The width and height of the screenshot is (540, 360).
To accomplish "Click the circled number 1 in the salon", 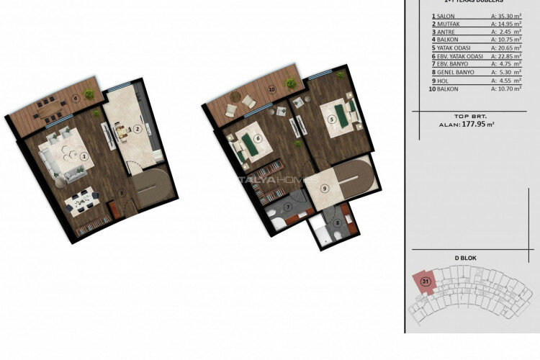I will tap(84, 156).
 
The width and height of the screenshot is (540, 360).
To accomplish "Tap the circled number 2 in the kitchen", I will tap(137, 130).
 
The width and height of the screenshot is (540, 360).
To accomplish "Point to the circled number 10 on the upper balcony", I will tap(271, 90).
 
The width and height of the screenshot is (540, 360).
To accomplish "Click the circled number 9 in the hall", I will tap(325, 189).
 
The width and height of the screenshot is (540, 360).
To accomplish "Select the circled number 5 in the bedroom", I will tap(331, 120).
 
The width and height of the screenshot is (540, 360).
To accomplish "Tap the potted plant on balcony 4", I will tap(89, 94).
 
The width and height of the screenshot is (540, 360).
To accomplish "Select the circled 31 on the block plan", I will tap(426, 281).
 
